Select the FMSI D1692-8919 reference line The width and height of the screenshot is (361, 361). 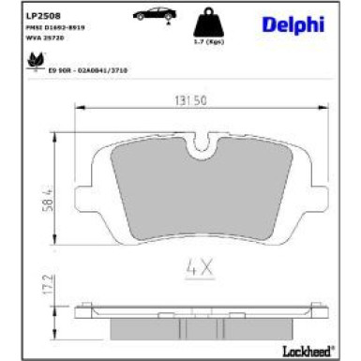pyautogui.click(x=55, y=29)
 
